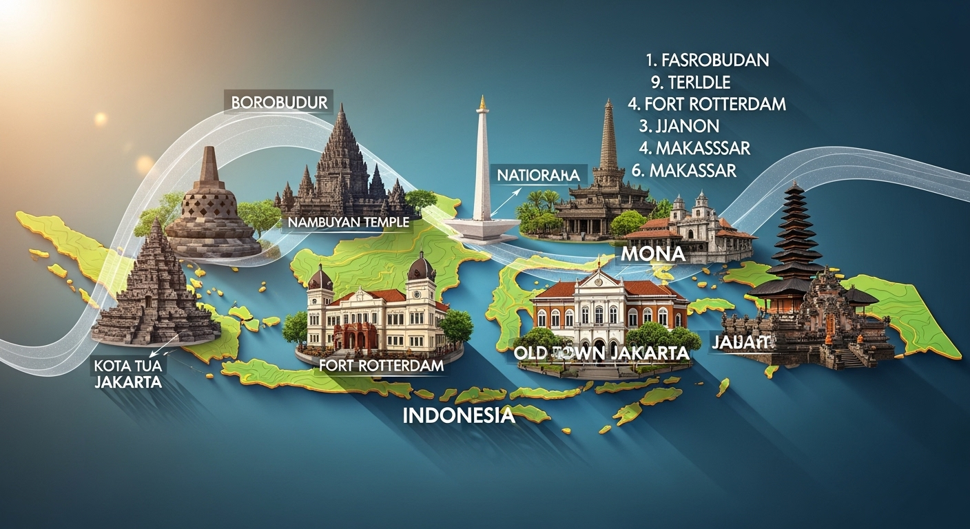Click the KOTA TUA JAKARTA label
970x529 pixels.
pos(130,373)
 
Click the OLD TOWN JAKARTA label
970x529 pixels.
pos(601,353)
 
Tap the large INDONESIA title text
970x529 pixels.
pos(458,415)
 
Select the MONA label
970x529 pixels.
pos(652,253)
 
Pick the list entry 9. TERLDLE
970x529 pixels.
pos(690,82)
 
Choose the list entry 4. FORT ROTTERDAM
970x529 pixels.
pos(707,104)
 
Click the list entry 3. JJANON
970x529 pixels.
pos(679,126)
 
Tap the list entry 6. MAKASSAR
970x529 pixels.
pos(684,170)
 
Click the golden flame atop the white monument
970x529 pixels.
pos(483,103)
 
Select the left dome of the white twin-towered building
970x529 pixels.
pos(320,278)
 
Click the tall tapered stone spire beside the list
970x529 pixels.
pos(608,138)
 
